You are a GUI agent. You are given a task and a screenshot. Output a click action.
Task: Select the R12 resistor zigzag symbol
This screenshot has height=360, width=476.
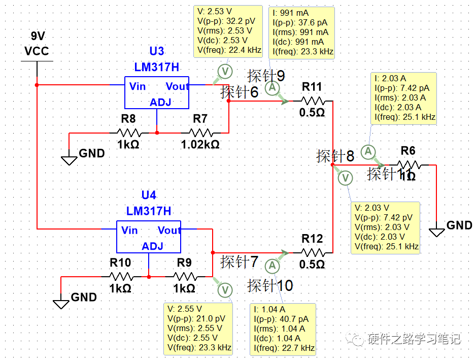click(312, 252)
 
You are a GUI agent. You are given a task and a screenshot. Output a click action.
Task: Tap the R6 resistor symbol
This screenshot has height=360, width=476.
click(409, 165)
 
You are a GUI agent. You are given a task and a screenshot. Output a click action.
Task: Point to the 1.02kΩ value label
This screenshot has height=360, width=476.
click(200, 144)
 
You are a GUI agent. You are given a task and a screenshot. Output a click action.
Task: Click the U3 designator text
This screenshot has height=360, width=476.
click(156, 51)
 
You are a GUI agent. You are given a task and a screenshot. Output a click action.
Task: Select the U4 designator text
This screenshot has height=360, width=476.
click(149, 195)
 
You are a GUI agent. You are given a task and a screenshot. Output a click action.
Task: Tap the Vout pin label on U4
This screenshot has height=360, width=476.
click(169, 231)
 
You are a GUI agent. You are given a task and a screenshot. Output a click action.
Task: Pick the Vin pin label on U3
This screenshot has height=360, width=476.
click(138, 86)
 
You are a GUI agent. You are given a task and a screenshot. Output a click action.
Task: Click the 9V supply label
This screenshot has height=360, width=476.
click(38, 37)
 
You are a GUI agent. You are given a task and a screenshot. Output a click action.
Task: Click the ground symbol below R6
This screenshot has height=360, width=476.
click(436, 232)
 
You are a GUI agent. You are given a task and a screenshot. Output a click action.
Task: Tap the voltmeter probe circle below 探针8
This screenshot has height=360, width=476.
click(346, 178)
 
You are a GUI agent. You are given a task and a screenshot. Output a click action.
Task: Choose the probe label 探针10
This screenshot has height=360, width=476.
click(270, 286)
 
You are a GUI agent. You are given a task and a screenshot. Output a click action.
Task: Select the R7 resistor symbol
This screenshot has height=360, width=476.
click(200, 133)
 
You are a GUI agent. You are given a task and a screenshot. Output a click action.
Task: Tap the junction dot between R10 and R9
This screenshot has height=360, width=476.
click(149, 277)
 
